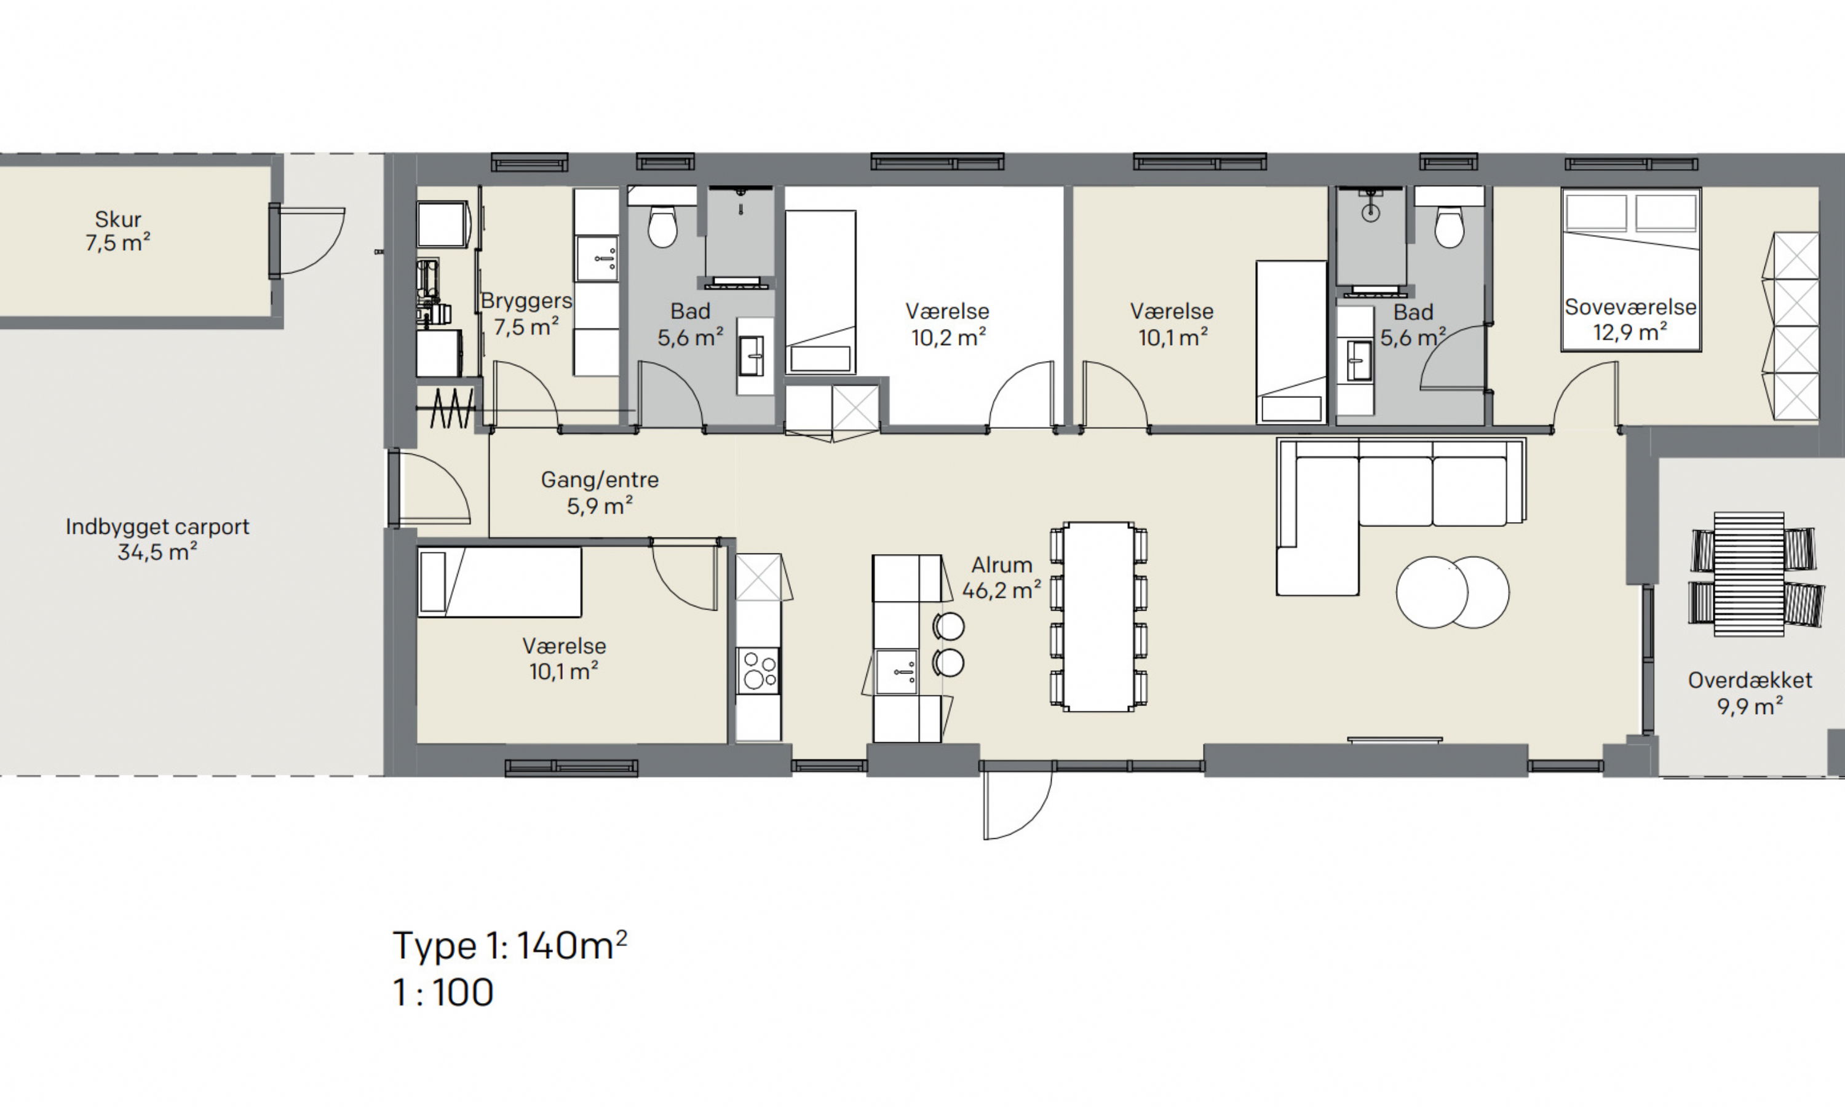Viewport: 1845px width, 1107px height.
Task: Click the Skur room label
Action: coord(118,220)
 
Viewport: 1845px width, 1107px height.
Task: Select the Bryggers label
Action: coord(526,301)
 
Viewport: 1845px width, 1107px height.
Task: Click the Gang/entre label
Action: coord(600,480)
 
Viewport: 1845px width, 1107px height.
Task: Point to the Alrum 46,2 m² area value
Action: coord(1002,590)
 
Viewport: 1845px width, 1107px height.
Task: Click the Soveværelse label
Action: coord(1630,307)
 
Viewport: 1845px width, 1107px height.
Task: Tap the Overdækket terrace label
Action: coord(1750,680)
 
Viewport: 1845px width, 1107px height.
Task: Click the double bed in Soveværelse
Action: coord(1631,269)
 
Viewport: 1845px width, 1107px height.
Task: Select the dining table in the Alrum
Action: coord(1098,617)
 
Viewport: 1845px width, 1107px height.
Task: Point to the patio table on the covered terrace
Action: coord(1749,574)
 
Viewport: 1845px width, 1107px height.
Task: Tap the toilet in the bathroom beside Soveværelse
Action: coord(1449,227)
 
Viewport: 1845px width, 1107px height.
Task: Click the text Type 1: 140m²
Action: coord(510,945)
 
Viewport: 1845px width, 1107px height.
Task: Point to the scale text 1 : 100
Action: coord(443,992)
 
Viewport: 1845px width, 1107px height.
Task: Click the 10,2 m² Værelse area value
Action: coord(948,337)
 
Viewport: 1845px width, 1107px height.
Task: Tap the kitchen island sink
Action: coord(897,672)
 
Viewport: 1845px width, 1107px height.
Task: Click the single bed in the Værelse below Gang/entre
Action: coord(499,582)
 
